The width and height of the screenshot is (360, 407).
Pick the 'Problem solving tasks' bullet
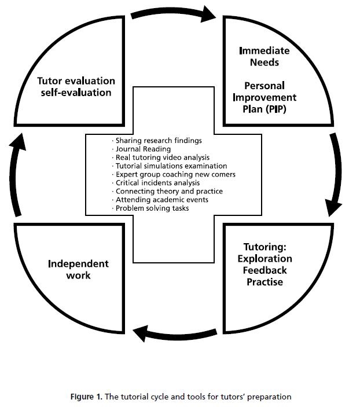click(147, 208)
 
